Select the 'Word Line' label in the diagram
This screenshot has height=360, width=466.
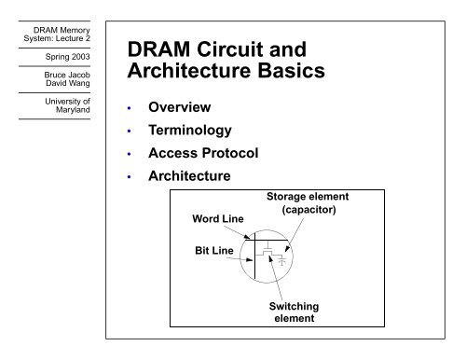(x=217, y=217)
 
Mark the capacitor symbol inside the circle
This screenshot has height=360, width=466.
(x=283, y=262)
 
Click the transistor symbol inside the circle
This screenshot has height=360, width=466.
(x=267, y=254)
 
